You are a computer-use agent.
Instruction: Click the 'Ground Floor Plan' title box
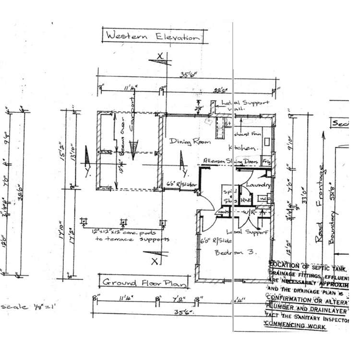click(143, 282)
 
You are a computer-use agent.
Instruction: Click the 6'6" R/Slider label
click(180, 183)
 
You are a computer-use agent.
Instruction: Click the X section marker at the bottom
click(155, 261)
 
